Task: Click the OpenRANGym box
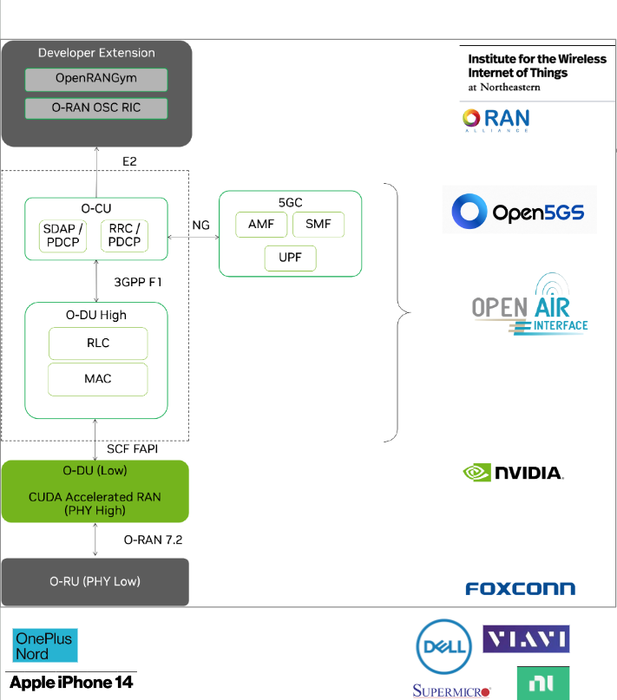pos(95,80)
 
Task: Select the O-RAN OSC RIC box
pos(95,108)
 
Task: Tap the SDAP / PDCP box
pos(64,234)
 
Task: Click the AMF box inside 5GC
pos(261,225)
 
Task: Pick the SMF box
pos(318,225)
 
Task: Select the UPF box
pos(291,258)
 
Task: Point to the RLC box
pos(97,343)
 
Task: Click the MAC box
pos(97,379)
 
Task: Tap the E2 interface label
pos(129,161)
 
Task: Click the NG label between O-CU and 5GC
pos(200,225)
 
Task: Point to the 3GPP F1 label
pos(138,282)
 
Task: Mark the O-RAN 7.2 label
pos(153,540)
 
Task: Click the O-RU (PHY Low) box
pos(95,581)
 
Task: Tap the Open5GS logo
pos(519,211)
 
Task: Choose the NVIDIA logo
pos(514,473)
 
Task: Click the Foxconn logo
pos(520,589)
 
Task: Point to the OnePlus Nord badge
pos(43,645)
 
